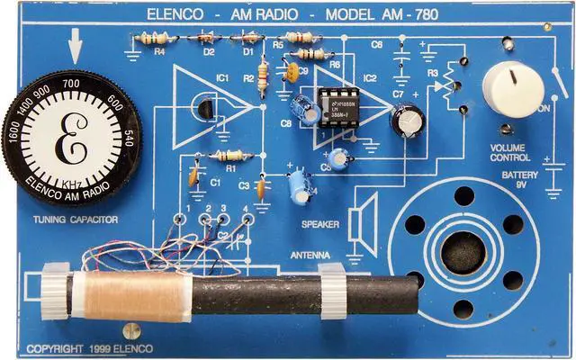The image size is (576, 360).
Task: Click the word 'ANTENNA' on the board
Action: click(x=310, y=255)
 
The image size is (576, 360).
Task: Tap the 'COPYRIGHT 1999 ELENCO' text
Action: click(x=89, y=348)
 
